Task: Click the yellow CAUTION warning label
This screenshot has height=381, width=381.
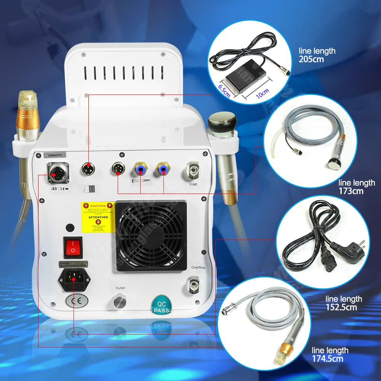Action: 98,217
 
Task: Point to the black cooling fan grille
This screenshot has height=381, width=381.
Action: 151,236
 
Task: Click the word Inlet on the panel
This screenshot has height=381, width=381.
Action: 194,184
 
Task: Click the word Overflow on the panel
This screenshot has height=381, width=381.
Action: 199,267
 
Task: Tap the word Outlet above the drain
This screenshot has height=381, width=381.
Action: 120,288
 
